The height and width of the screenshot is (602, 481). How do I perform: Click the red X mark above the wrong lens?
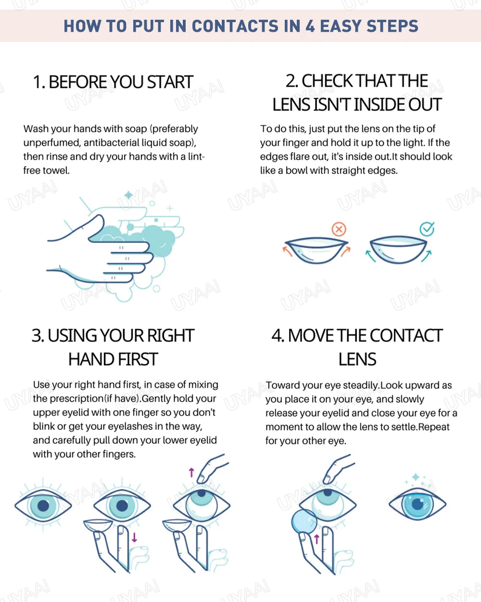coord(339,229)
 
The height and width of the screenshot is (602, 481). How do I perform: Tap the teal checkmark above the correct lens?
coord(427,229)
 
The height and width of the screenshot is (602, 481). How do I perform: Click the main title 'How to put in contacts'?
coord(240,26)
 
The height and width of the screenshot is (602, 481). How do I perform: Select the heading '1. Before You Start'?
coord(113,82)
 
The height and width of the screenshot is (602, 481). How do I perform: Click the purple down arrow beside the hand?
coord(134,537)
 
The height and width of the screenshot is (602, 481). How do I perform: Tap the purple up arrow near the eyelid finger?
coord(191,472)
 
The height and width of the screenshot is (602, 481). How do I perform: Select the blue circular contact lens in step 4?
coord(304,522)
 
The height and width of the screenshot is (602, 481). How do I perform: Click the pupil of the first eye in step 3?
coord(43,505)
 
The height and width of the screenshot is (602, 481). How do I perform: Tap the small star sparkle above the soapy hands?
coord(128,195)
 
